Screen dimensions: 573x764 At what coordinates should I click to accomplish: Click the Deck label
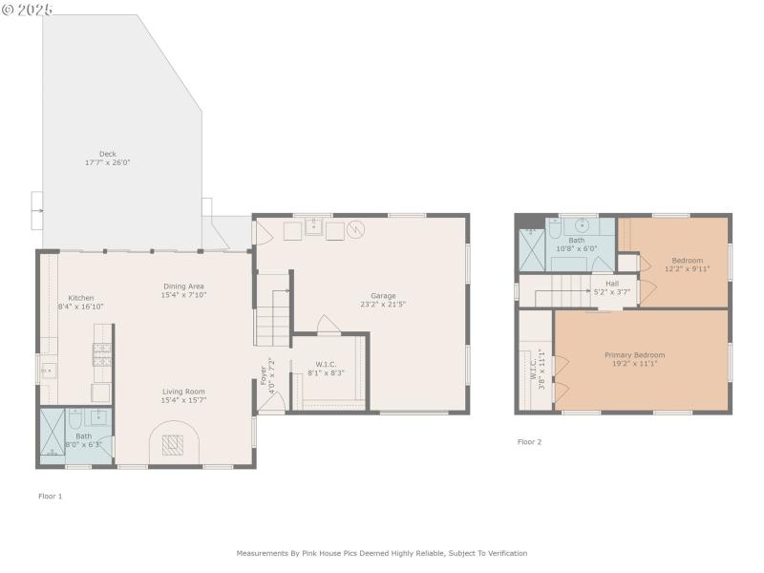click(107, 154)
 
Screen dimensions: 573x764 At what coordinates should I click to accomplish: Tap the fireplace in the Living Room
click(172, 445)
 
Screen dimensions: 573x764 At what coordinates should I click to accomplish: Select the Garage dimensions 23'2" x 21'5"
click(383, 305)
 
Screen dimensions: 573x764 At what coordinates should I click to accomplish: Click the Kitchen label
click(81, 298)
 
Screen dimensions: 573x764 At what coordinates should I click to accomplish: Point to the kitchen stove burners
click(101, 355)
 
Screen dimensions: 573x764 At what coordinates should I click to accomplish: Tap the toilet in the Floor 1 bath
click(97, 417)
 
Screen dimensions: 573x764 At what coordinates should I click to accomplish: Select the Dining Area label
click(183, 286)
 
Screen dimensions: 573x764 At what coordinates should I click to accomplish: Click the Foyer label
click(265, 374)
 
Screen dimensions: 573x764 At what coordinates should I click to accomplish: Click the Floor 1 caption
click(50, 496)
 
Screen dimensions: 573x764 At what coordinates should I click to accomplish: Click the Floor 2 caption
click(529, 442)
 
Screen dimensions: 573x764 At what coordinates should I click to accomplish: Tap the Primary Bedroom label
click(634, 355)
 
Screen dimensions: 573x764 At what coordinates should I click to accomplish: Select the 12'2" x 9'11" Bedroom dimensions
click(687, 268)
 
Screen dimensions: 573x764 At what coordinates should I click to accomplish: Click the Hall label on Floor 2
click(611, 283)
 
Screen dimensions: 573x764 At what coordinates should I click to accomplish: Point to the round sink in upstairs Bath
click(554, 227)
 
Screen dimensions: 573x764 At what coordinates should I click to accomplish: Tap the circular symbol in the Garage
click(356, 229)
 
